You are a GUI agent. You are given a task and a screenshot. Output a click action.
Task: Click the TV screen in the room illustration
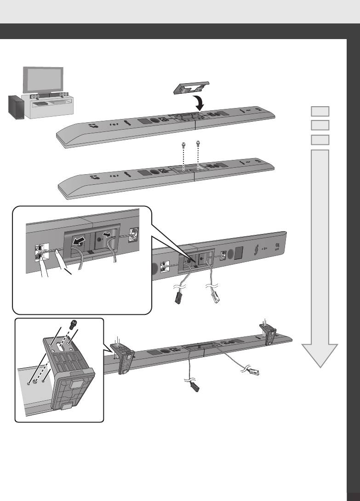pos(44,80)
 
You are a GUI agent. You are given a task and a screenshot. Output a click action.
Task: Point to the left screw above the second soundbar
pos(184,145)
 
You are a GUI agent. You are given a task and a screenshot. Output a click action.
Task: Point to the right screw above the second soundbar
pos(199,144)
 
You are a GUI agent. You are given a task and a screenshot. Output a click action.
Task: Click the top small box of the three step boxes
pos(320,111)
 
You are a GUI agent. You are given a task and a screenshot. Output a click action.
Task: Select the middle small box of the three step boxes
pos(320,125)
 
